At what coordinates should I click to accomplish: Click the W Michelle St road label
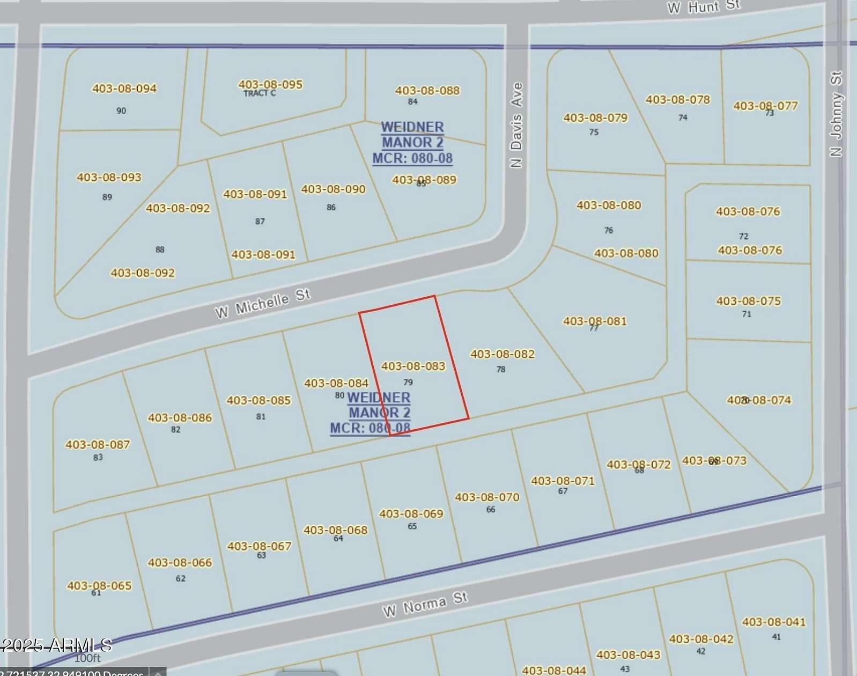click(x=262, y=304)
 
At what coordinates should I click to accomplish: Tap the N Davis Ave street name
click(x=516, y=125)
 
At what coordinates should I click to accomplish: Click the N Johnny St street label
click(x=836, y=114)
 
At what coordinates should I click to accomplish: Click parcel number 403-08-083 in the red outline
click(x=413, y=366)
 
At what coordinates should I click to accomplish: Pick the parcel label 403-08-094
click(x=124, y=89)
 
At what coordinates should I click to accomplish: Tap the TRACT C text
click(x=260, y=93)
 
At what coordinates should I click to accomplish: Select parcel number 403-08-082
click(x=503, y=354)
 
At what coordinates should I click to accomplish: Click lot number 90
click(x=121, y=111)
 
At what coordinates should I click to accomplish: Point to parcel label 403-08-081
click(x=595, y=321)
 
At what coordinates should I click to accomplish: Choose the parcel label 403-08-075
click(x=749, y=301)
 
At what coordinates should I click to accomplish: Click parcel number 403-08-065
click(x=99, y=585)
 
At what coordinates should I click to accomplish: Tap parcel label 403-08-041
click(x=773, y=622)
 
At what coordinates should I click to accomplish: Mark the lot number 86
click(x=331, y=207)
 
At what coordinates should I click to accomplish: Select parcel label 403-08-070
click(x=487, y=497)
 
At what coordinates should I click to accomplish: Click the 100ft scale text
click(x=87, y=658)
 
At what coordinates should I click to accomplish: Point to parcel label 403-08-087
click(x=98, y=444)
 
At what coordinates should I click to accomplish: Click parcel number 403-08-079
click(x=595, y=117)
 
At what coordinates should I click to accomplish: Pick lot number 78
click(x=500, y=369)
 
